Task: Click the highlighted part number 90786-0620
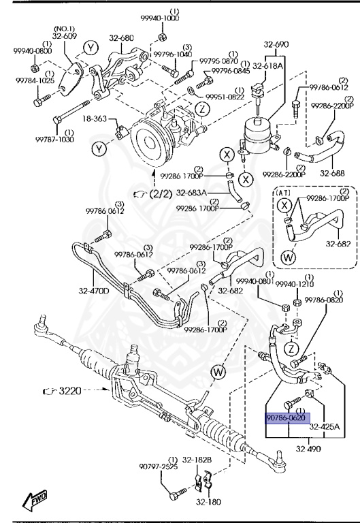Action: (x=287, y=419)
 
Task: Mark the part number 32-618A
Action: (x=267, y=65)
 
